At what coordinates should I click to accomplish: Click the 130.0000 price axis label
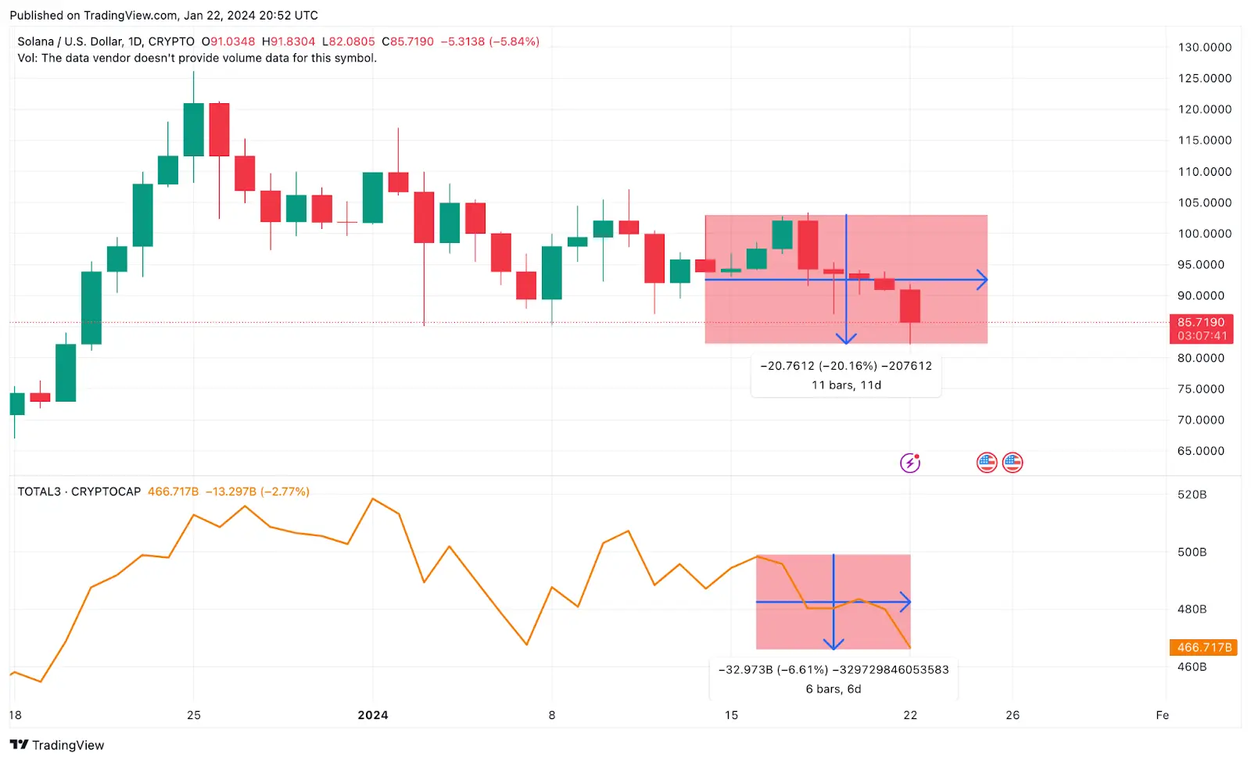pos(1204,48)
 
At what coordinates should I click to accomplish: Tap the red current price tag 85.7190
pos(1201,323)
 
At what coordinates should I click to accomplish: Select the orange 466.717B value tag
pos(1203,647)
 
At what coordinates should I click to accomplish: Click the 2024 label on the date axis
pos(373,715)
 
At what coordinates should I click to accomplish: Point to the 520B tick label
pos(1192,495)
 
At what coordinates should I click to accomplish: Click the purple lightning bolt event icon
pos(910,463)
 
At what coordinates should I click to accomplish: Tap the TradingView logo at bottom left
pos(57,745)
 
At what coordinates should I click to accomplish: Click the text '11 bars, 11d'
pos(846,385)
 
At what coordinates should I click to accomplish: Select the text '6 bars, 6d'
pos(833,689)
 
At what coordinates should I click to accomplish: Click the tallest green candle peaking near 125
pos(194,129)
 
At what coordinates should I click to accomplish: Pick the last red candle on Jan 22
pos(910,306)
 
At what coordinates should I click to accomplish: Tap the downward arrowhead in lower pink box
pos(833,644)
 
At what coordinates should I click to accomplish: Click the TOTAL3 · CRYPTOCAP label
pos(79,492)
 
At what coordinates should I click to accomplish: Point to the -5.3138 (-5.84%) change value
pos(489,41)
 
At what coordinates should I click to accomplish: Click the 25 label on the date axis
pos(194,715)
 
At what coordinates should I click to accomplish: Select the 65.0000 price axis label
pos(1201,451)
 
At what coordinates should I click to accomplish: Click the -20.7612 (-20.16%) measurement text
pos(819,366)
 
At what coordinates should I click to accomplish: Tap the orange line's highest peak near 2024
pos(373,499)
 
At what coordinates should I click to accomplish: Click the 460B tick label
pos(1192,667)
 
